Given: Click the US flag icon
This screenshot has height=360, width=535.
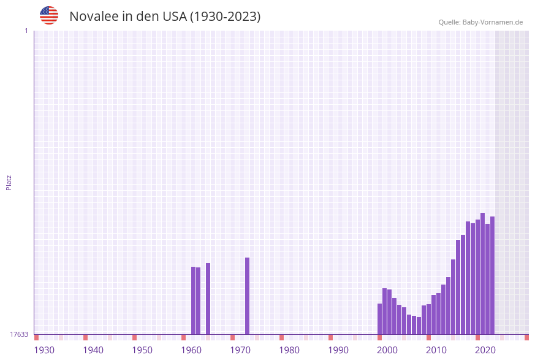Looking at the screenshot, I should tap(49, 15).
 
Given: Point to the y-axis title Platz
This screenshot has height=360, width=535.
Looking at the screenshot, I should tap(9, 182).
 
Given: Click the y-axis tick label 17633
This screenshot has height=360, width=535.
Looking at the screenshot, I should tap(19, 334).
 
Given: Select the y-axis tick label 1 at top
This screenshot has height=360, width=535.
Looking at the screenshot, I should tap(26, 31).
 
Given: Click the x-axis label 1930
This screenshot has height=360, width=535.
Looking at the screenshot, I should tap(44, 350).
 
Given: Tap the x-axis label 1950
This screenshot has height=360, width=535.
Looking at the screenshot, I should tap(142, 350).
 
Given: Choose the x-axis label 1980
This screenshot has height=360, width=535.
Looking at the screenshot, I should tap(289, 350).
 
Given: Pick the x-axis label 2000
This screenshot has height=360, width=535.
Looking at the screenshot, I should tap(387, 350).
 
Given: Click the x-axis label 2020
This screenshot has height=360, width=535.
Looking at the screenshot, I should tap(485, 350).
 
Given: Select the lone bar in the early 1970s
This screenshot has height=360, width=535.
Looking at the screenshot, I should tap(248, 296).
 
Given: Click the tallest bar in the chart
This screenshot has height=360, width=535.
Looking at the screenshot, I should tap(483, 274).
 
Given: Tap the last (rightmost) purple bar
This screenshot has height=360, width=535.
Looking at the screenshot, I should tap(492, 275).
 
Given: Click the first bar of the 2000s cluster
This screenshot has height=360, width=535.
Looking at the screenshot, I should tap(380, 319).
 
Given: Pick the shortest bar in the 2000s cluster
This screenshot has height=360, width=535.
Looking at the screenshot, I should tap(419, 326).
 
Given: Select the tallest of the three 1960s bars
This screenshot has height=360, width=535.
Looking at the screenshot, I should tap(208, 299).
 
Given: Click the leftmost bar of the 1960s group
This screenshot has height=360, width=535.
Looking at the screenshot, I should tap(194, 301).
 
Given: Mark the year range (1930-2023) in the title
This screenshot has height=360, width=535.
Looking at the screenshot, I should tap(225, 17).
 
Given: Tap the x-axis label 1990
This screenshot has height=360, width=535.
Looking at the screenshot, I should tap(338, 350).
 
